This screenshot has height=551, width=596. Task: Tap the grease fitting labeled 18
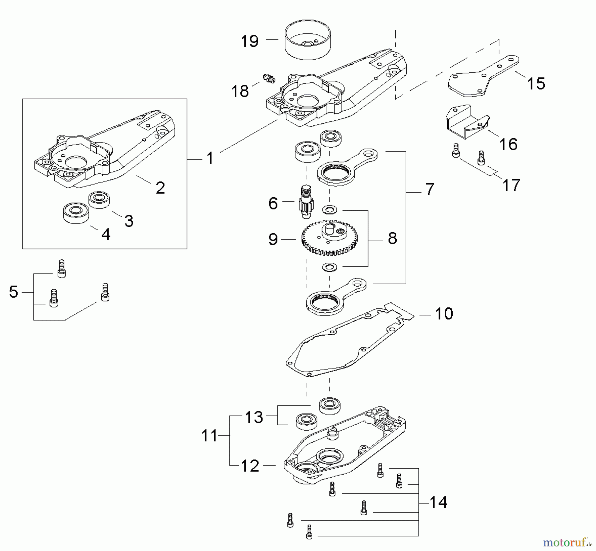[x=269, y=79]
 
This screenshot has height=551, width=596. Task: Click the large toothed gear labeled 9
[x=329, y=238]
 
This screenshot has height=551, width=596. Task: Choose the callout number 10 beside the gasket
[x=444, y=313]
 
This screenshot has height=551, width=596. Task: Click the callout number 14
[x=438, y=502]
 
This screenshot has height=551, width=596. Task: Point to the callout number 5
[x=14, y=292]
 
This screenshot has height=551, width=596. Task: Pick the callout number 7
[x=429, y=189]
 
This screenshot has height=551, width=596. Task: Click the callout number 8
[x=392, y=238]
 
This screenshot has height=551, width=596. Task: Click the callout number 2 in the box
[x=160, y=188]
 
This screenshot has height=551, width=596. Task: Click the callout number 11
[x=209, y=436]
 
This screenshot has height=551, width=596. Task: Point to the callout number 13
[x=254, y=417]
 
